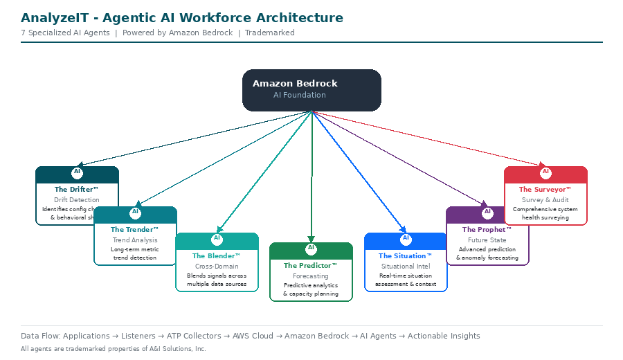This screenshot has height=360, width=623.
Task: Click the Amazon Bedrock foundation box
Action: click(x=311, y=90)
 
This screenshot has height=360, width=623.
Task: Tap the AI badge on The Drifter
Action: click(x=77, y=172)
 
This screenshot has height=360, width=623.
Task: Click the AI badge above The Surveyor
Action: click(x=545, y=172)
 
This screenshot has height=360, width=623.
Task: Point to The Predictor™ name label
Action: click(x=311, y=266)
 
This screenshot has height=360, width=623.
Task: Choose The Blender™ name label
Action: click(x=217, y=256)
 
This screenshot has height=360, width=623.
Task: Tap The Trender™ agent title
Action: click(x=135, y=230)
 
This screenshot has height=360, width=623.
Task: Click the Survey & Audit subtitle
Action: click(x=545, y=200)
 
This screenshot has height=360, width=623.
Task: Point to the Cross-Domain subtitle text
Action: click(x=217, y=267)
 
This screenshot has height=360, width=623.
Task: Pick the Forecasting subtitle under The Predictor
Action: click(x=311, y=276)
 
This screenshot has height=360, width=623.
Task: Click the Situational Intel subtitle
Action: click(x=406, y=267)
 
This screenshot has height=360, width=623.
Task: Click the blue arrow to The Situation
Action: click(x=360, y=173)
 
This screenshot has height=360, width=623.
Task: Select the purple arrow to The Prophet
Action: click(x=401, y=159)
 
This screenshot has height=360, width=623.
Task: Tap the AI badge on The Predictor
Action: click(x=311, y=248)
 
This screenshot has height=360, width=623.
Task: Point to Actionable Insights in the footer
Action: click(x=444, y=336)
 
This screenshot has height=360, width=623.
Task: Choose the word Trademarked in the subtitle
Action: click(x=270, y=33)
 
